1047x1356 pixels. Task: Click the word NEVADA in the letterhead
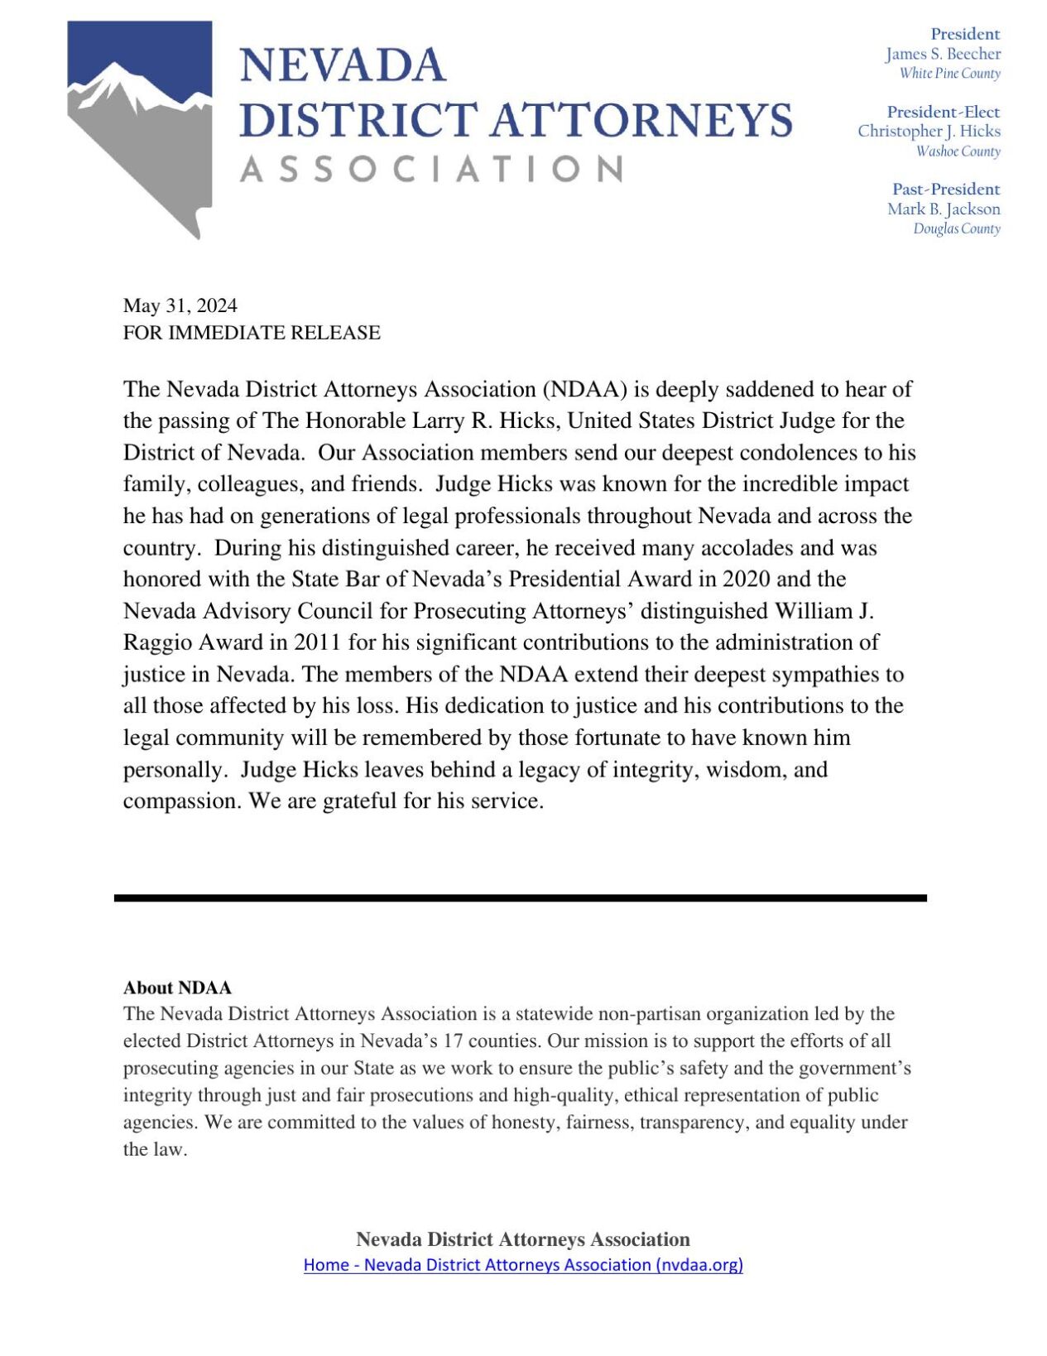(x=343, y=65)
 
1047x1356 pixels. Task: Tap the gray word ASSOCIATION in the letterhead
(x=431, y=170)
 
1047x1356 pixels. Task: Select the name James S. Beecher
(x=943, y=54)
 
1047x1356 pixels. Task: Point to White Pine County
(x=949, y=74)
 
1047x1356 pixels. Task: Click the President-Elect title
(x=943, y=112)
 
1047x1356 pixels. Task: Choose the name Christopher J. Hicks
(x=929, y=131)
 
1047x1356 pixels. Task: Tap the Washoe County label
(x=958, y=151)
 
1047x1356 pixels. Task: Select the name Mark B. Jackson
(x=944, y=209)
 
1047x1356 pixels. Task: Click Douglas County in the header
(x=956, y=228)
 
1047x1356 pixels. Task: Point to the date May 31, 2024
(x=180, y=305)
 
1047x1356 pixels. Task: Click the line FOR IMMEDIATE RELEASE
(x=252, y=333)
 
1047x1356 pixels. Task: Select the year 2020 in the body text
(x=746, y=579)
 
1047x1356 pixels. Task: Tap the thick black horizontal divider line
(x=520, y=897)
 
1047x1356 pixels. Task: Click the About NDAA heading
(x=177, y=988)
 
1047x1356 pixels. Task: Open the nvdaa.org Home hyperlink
(x=523, y=1265)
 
